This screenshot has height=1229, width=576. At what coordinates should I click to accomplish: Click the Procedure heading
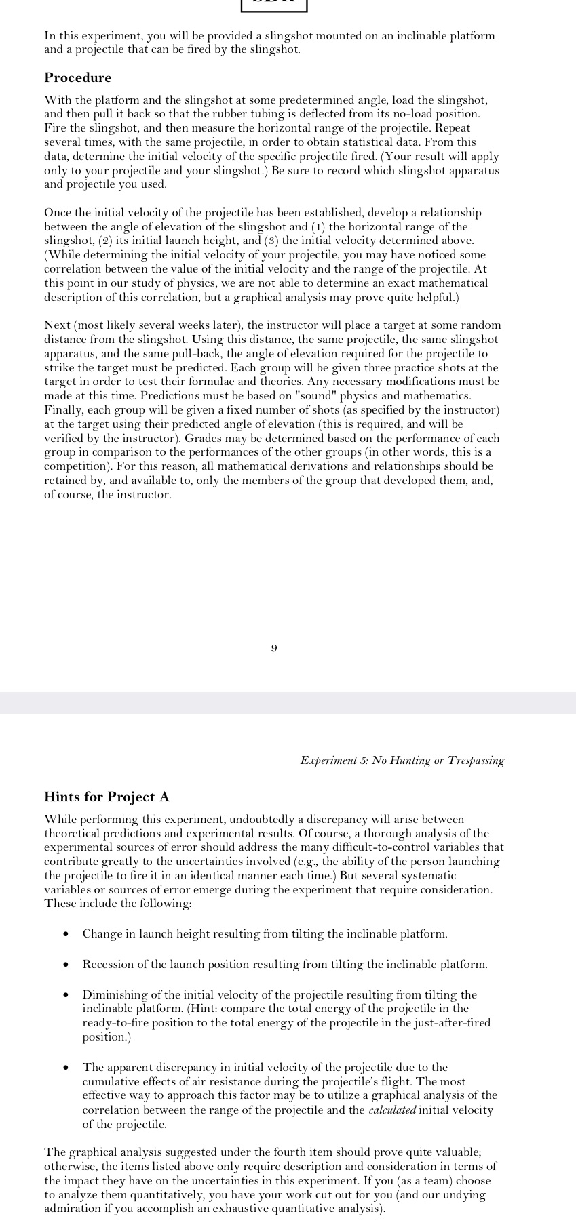tap(77, 78)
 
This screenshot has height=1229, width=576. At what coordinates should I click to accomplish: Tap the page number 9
tap(273, 649)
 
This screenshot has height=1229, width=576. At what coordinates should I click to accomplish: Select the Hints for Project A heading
tap(107, 797)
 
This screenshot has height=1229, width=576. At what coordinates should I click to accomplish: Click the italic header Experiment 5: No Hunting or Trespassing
tap(402, 761)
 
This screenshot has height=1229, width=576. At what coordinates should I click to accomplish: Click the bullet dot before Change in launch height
tap(65, 934)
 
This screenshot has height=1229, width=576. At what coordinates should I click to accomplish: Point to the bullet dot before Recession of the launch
tap(65, 965)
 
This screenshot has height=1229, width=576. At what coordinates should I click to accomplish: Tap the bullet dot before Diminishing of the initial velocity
tap(65, 995)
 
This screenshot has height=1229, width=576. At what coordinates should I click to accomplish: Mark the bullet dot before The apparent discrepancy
tap(65, 1068)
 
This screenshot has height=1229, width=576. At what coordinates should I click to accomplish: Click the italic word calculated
tap(391, 1110)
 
